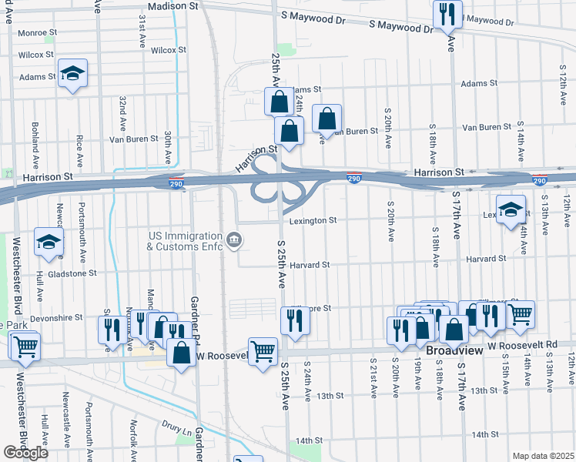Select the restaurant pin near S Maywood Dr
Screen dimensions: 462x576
click(x=447, y=13)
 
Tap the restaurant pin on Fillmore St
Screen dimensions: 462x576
click(x=293, y=320)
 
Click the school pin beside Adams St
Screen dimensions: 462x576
click(x=73, y=74)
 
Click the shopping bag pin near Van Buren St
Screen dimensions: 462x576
click(x=327, y=119)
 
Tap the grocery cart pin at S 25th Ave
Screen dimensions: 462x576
click(x=263, y=352)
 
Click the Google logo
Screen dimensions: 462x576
click(x=25, y=453)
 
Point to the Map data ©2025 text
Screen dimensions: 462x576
click(x=543, y=456)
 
